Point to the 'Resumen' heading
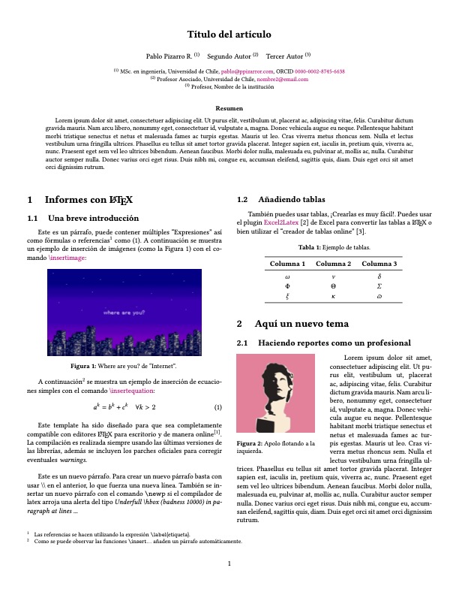229,109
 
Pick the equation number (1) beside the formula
217,408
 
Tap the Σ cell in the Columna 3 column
379,285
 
